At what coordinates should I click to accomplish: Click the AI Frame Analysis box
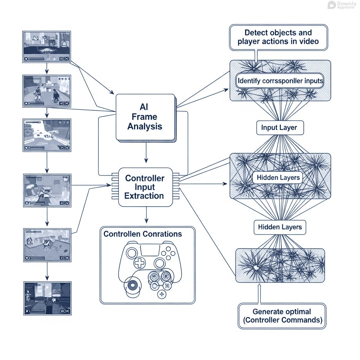click(145, 117)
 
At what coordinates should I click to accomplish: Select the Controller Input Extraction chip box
click(145, 187)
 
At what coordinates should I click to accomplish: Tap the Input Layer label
click(279, 128)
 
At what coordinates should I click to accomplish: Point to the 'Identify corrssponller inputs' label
click(280, 81)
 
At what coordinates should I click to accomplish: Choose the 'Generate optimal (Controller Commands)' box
click(282, 316)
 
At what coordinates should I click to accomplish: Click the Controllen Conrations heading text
click(143, 234)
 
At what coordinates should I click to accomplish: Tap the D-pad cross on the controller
click(140, 263)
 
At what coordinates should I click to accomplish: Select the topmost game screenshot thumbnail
click(47, 47)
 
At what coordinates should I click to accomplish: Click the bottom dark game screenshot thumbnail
click(47, 297)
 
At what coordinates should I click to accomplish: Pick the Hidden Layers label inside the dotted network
click(278, 178)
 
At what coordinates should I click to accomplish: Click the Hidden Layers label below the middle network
click(280, 227)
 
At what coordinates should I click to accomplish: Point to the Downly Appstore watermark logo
click(341, 5)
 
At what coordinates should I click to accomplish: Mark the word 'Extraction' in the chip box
click(144, 196)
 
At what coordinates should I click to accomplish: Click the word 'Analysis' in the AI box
click(145, 126)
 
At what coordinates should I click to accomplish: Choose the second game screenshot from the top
click(47, 91)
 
